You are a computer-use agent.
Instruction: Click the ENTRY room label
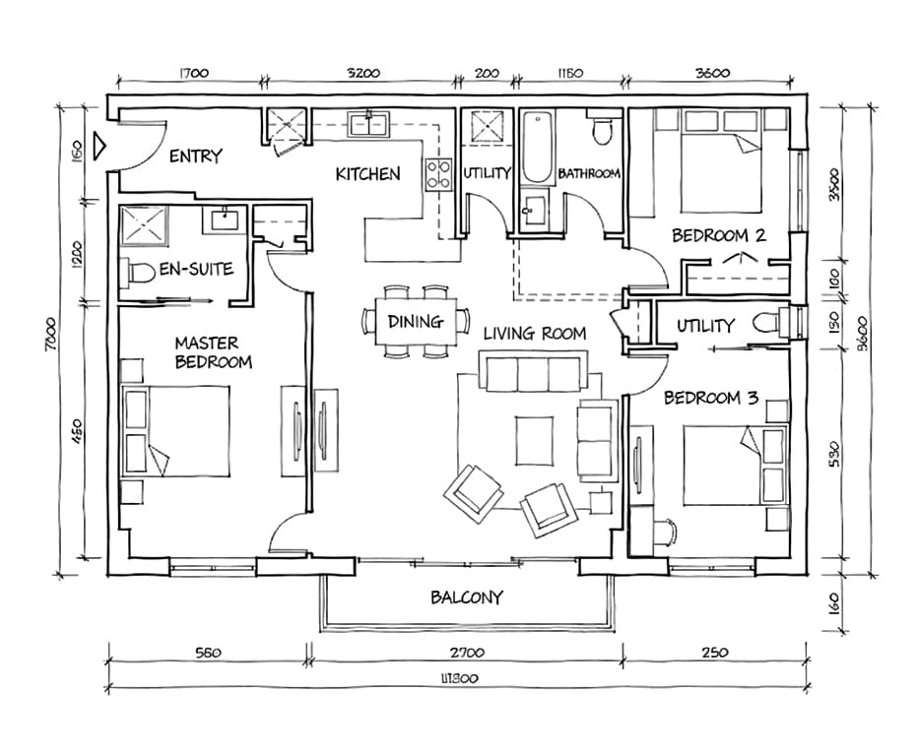pos(196,157)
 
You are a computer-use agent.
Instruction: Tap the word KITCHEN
pos(367,174)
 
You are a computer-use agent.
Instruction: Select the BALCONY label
pos(467,598)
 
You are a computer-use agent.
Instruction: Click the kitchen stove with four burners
pos(438,174)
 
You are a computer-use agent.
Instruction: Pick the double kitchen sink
pos(368,125)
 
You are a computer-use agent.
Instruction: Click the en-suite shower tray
pos(144,225)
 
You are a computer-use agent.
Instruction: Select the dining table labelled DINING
pos(416,321)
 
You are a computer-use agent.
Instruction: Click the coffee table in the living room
pos(535,441)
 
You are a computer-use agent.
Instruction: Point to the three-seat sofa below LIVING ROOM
pos(533,371)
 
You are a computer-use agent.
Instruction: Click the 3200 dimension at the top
pos(363,73)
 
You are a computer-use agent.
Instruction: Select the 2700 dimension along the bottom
pos(467,653)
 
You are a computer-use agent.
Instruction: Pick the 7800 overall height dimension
pos(51,334)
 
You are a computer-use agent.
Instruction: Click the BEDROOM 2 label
pos(719,236)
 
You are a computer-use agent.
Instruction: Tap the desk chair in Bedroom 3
pos(666,533)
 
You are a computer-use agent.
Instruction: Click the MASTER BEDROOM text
pos(213,352)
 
